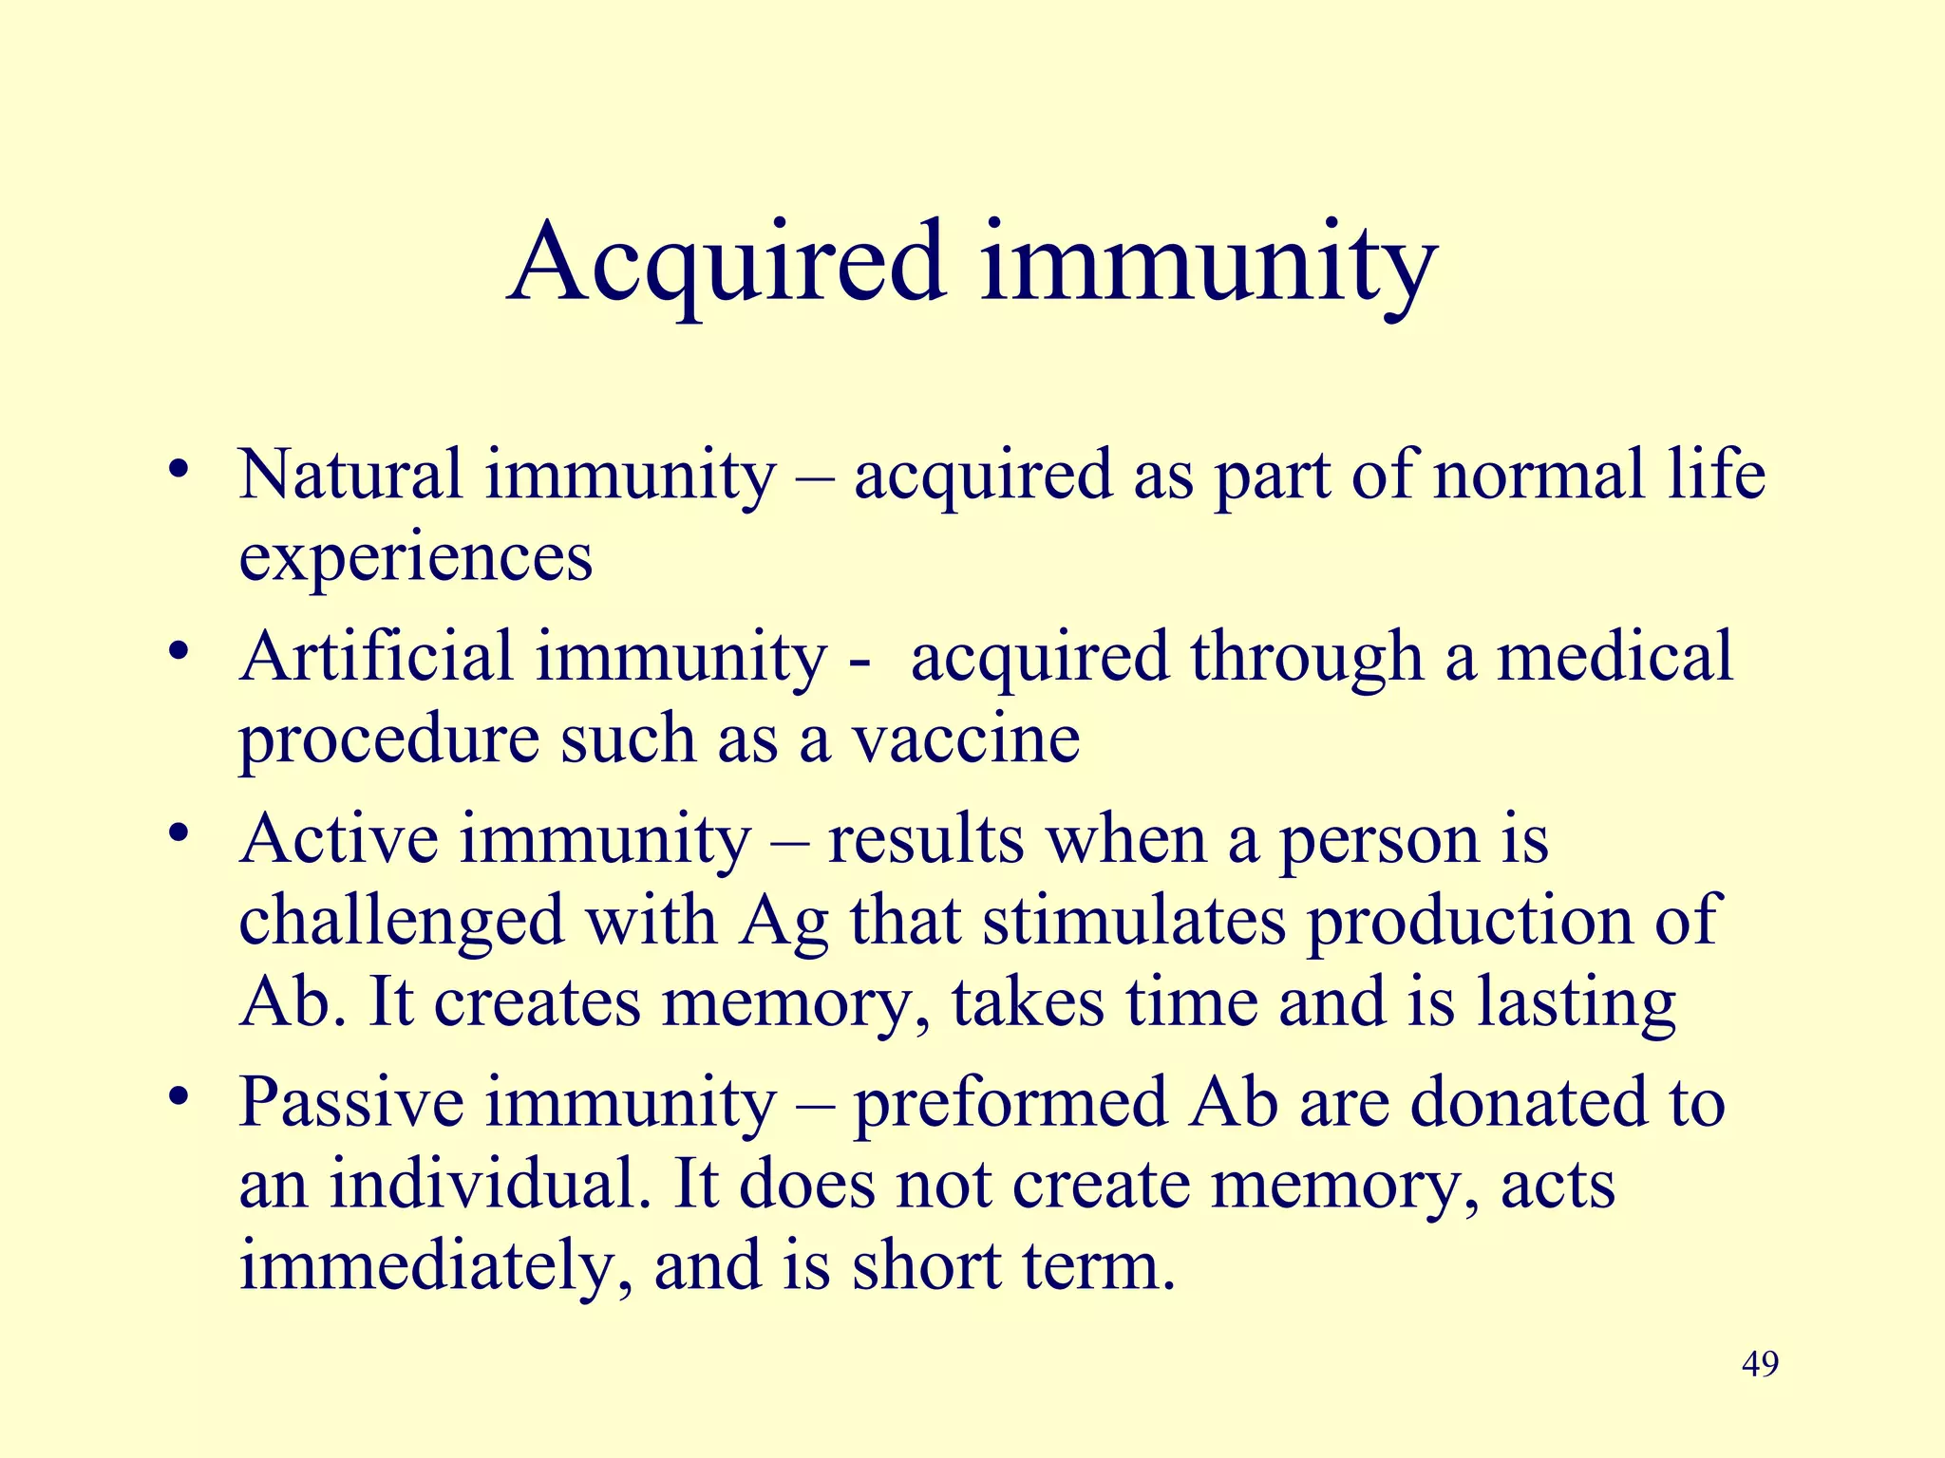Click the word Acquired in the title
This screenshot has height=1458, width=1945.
pos(727,261)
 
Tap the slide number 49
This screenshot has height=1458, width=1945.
pos(1760,1365)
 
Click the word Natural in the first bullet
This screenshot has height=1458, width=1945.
pos(349,474)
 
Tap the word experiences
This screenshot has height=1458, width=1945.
pos(415,558)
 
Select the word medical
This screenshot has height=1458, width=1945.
pos(1615,656)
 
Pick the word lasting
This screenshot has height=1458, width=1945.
pos(1576,1003)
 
